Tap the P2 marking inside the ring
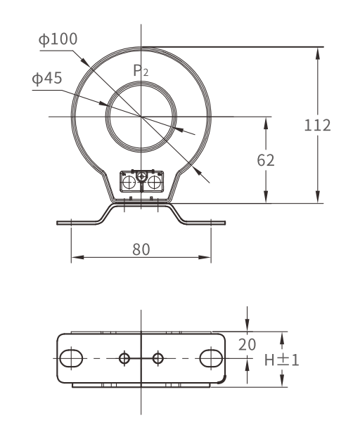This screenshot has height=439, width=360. (141, 70)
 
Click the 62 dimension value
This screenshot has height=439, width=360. (265, 159)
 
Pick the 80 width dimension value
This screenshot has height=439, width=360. (141, 249)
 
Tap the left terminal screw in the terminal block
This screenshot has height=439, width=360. (130, 183)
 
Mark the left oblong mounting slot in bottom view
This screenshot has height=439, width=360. (70, 358)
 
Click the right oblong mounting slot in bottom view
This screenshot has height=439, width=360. (211, 358)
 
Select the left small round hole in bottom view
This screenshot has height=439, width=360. (124, 358)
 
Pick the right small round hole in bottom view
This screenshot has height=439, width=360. (157, 358)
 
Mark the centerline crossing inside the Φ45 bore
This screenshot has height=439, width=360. (141, 116)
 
